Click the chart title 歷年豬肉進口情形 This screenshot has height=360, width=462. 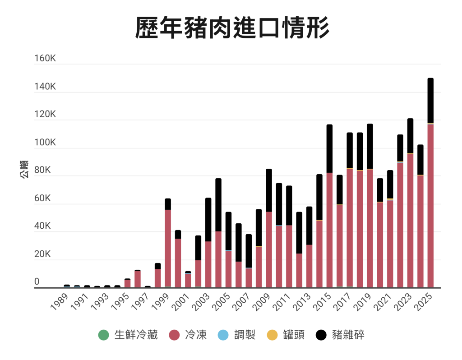232,28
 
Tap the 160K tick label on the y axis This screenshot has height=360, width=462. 45,59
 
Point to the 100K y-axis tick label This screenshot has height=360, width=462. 45,143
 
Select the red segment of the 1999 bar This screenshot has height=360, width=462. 168,248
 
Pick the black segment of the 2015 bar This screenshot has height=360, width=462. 329,148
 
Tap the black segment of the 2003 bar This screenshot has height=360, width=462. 208,219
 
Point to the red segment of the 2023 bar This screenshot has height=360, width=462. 410,221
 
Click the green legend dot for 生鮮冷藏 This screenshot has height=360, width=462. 104,335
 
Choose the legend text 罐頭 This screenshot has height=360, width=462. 293,335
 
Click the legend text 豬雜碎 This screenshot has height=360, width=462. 348,335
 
